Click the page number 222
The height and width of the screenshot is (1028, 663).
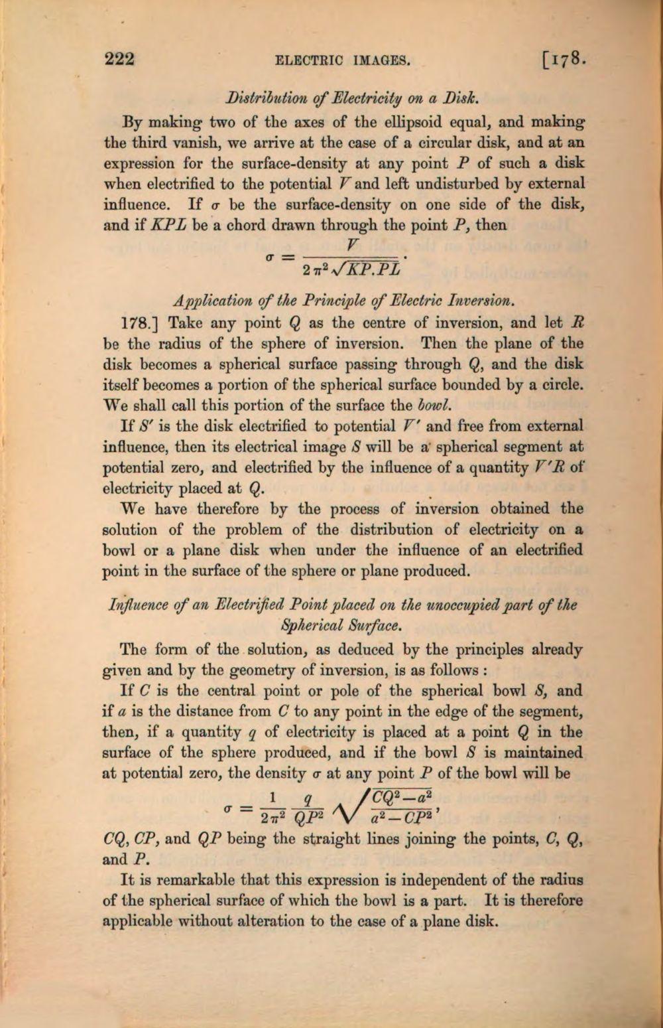coord(120,60)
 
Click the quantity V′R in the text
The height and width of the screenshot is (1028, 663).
coord(546,468)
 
